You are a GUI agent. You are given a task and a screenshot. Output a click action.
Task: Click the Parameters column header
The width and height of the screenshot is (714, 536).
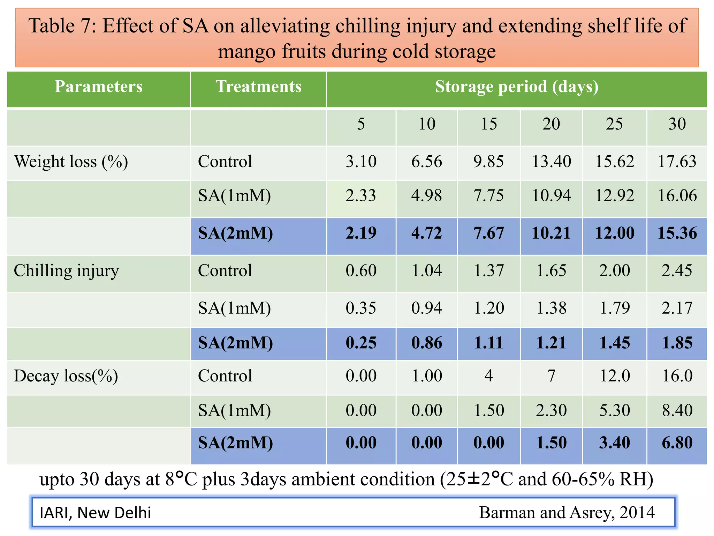tap(99, 87)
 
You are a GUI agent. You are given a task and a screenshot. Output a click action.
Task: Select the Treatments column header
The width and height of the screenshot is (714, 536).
tap(258, 87)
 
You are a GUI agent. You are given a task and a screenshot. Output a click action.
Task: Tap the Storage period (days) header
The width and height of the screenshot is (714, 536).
tap(516, 87)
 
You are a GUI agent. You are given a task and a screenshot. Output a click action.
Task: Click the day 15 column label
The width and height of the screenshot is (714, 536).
tap(489, 124)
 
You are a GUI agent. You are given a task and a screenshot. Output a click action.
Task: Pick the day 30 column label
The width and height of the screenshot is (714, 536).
tap(677, 124)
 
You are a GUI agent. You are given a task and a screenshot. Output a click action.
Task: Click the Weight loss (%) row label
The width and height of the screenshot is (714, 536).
tap(71, 162)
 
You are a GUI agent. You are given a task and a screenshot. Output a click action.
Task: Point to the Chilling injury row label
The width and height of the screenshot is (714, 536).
tap(66, 271)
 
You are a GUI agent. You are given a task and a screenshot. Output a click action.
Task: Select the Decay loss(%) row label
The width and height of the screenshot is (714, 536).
tap(66, 376)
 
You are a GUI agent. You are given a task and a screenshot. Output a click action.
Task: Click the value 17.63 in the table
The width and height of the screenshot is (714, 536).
tap(677, 162)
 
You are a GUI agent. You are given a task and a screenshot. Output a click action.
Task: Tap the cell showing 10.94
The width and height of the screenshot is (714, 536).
tap(551, 196)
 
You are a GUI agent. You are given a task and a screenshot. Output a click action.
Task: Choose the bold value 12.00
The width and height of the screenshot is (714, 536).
tap(614, 233)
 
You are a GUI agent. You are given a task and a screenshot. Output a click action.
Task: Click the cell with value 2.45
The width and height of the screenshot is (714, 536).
tap(677, 271)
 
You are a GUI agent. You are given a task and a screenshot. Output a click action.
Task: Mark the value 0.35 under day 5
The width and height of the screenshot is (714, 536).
tap(361, 308)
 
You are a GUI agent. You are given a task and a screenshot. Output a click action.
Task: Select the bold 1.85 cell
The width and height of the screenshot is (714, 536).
tap(677, 343)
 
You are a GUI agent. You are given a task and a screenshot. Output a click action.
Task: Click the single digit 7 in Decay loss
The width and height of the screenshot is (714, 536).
tap(551, 376)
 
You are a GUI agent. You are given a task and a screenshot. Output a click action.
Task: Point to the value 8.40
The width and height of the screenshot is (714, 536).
tap(677, 410)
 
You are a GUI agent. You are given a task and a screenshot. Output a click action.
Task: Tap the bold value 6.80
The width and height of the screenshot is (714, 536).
tap(677, 443)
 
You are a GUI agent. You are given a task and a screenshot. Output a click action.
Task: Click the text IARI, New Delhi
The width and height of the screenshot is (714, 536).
tap(96, 513)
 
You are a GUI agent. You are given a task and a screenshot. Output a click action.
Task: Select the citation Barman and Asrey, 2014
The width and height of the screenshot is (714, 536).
tap(567, 513)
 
